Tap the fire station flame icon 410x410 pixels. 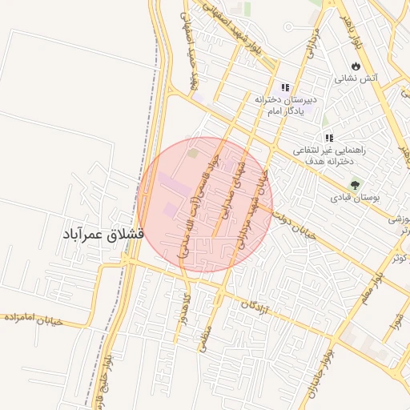pos(356,66)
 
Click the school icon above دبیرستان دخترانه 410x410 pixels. pos(284,88)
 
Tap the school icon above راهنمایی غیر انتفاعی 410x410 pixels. pos(328,138)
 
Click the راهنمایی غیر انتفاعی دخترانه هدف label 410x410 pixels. pos(328,155)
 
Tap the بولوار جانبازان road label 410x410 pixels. pos(321,369)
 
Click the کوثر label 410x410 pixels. pos(399,257)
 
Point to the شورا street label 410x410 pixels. pos(394,325)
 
